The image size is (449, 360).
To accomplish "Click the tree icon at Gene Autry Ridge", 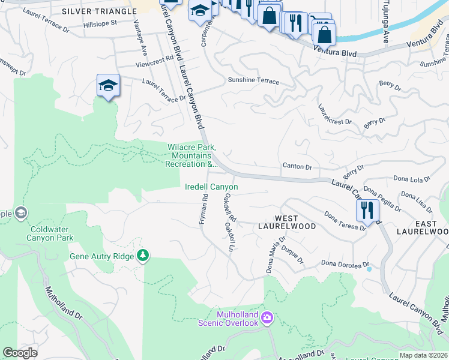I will click(x=142, y=256).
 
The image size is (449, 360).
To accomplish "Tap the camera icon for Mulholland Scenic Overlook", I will click(x=268, y=316).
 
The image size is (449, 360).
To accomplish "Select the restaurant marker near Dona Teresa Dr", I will click(x=366, y=210).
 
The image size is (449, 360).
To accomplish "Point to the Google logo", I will click(x=20, y=353).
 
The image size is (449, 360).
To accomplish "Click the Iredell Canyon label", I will click(x=211, y=187).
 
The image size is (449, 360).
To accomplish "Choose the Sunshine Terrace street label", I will click(x=253, y=80).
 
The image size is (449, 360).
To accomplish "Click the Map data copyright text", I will click(x=423, y=355).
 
